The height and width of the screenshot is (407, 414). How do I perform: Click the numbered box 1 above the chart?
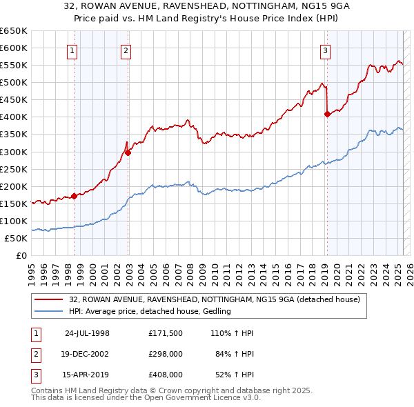[x=72, y=50]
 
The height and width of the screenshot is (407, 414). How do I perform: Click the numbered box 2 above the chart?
[x=126, y=50]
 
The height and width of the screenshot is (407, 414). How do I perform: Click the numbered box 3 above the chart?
[x=325, y=50]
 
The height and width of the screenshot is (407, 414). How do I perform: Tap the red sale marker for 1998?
[x=74, y=196]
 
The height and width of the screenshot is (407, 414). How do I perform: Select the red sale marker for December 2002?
[x=128, y=152]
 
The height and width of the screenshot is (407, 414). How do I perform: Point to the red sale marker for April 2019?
[x=326, y=115]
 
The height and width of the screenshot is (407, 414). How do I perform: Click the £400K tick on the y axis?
[x=14, y=117]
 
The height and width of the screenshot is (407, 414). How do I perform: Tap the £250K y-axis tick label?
[x=14, y=169]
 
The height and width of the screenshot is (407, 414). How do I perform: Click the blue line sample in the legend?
[x=49, y=312]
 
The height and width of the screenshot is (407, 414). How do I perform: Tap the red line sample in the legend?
[x=49, y=299]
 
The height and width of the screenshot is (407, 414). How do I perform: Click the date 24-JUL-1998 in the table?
[x=87, y=333]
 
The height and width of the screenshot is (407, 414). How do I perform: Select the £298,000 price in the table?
[x=166, y=355]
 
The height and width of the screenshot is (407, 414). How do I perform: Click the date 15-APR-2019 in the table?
[x=87, y=375]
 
